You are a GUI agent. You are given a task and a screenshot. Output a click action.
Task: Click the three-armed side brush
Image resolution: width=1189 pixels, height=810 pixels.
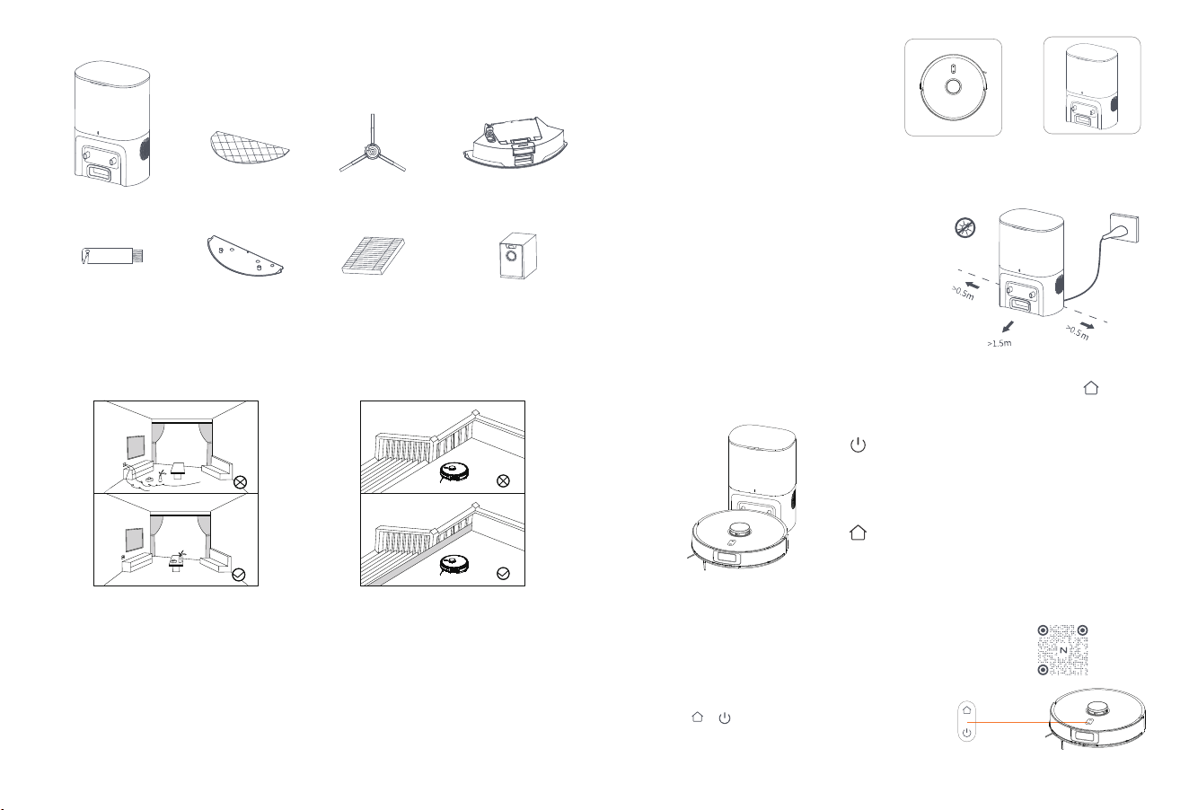(x=372, y=151)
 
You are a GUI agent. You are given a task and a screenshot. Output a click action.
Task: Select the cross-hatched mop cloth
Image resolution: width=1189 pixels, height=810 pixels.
(x=249, y=147)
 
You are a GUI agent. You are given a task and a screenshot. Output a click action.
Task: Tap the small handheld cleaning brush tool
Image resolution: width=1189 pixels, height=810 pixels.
(x=112, y=256)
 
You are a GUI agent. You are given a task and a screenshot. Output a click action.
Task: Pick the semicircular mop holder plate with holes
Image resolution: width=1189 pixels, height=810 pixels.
(x=244, y=256)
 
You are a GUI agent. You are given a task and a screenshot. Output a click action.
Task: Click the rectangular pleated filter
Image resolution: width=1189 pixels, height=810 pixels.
(x=373, y=256)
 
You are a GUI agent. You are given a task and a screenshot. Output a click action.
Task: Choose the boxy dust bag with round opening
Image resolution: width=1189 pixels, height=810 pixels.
(x=517, y=255)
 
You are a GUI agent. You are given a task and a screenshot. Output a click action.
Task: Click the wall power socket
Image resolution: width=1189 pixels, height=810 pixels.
(x=1124, y=228)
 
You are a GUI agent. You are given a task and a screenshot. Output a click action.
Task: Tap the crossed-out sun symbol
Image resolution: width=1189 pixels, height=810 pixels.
(x=964, y=228)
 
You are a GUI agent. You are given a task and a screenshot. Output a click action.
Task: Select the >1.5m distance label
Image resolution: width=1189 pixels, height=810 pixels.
(x=999, y=343)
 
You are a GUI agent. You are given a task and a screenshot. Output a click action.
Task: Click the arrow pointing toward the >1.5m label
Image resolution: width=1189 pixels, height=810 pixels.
(x=1008, y=327)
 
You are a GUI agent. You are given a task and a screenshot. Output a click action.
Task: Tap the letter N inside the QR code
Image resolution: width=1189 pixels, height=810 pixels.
(x=1063, y=650)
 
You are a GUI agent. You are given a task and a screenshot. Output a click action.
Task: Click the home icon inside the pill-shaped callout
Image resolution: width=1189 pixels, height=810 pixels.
(x=966, y=709)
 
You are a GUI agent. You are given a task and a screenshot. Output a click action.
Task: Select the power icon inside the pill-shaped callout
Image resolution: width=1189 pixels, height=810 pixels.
(x=966, y=733)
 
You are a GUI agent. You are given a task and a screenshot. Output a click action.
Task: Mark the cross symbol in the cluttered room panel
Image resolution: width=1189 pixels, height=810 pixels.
(x=241, y=482)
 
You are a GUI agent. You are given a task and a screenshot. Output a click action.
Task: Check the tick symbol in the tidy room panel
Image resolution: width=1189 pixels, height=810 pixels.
(x=239, y=575)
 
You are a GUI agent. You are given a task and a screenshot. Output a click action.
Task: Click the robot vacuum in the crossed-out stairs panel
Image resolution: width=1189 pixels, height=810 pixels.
(x=454, y=471)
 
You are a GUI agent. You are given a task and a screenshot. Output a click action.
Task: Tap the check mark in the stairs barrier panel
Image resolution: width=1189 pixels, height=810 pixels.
(x=503, y=573)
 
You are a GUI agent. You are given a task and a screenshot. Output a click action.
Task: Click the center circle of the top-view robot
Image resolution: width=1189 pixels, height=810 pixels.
(x=954, y=86)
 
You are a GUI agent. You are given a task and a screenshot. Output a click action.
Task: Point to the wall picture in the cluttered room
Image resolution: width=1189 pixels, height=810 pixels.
(x=136, y=447)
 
